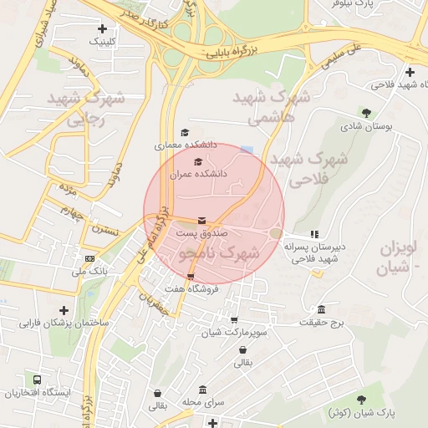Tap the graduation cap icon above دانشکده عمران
click(198, 162)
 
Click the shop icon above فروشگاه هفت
click(191, 277)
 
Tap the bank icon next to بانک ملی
click(89, 259)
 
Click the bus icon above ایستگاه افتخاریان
click(36, 379)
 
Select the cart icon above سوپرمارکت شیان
click(233, 319)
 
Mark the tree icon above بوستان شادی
click(365, 112)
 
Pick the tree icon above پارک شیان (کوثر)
click(361, 400)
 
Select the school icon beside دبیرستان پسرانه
click(314, 235)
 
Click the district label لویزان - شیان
click(400, 257)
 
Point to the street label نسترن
click(106, 228)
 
